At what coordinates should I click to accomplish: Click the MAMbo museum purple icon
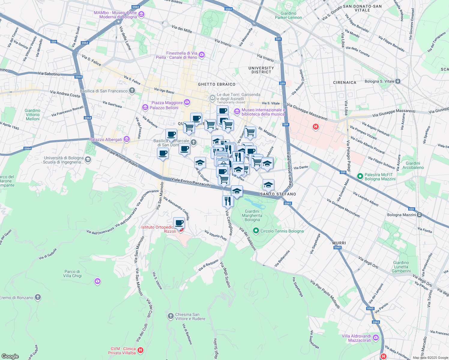coord(142,14)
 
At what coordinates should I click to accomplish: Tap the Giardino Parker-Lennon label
coord(288,15)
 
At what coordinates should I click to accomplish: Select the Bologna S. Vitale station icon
coord(398,81)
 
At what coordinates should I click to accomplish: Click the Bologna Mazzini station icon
coord(420,215)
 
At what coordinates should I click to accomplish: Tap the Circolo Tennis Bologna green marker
coord(256,231)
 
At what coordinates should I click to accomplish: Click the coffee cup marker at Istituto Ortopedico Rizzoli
coord(179,223)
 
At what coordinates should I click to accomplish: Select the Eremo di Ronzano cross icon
coord(38,297)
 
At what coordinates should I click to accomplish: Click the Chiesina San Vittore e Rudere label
coord(190,316)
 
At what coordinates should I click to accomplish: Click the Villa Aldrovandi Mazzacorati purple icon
coord(376,338)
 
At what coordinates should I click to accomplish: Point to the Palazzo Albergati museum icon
coord(126,139)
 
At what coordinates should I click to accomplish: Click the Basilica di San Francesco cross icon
coord(132,91)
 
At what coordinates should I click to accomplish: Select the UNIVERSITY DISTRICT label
coord(261,70)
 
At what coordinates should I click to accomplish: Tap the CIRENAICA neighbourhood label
coord(345,82)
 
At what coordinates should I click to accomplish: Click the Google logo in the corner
coord(10,356)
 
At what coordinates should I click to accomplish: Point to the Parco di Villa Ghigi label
coord(72,274)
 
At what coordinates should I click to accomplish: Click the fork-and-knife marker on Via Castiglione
coord(228,201)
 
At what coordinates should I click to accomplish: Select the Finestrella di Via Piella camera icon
coord(202,55)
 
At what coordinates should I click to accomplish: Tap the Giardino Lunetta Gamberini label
coord(401,267)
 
